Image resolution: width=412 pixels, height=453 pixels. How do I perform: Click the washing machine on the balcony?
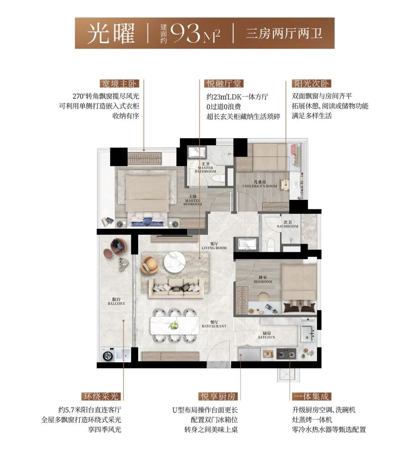click(x=108, y=355)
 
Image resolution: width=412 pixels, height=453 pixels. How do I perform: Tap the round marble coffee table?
click(x=175, y=261)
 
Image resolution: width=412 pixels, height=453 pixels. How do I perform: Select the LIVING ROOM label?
click(x=214, y=246)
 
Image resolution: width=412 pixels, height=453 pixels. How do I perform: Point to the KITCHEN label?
click(x=267, y=335)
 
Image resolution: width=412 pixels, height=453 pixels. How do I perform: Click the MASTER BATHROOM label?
click(x=205, y=168)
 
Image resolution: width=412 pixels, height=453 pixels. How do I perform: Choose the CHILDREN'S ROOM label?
click(x=259, y=184)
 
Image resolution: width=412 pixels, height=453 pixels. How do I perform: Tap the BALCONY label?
click(x=116, y=301)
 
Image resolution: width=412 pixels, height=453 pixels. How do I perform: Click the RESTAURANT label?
click(x=214, y=324)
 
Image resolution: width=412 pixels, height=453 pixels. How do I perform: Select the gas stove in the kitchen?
click(x=286, y=354)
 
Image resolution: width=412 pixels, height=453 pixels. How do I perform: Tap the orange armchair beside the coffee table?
click(x=150, y=265)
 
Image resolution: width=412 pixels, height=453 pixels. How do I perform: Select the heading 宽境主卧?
click(x=119, y=84)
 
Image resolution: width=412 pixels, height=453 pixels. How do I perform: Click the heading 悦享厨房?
click(x=218, y=397)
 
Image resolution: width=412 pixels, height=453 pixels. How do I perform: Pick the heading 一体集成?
click(x=312, y=397)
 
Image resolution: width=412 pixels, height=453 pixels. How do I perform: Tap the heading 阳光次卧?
click(x=311, y=84)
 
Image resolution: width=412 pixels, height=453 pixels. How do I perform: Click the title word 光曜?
click(x=111, y=33)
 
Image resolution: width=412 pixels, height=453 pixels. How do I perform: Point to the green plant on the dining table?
click(x=174, y=325)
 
